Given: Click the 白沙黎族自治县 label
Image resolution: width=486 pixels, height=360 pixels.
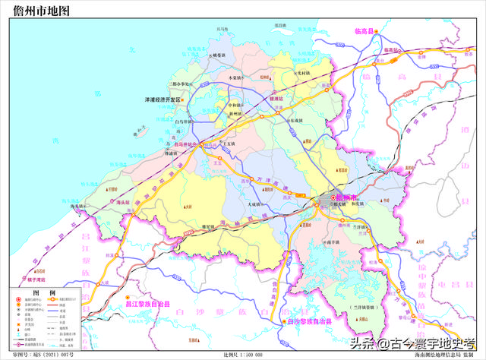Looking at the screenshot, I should pos(313,321).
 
